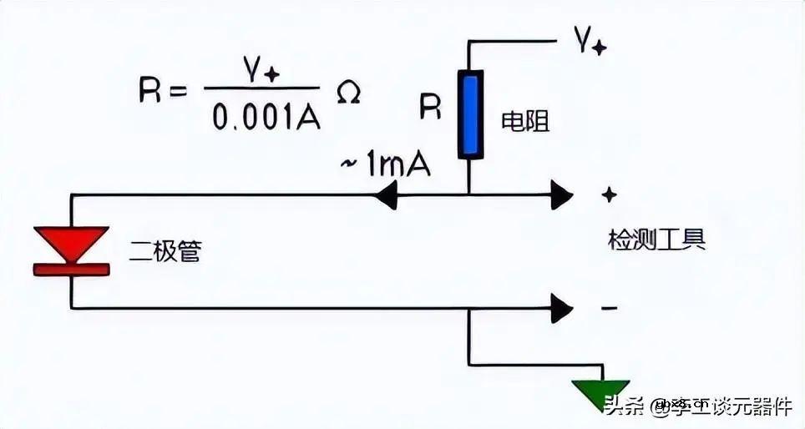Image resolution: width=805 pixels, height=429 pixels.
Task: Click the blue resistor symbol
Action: click(470, 114)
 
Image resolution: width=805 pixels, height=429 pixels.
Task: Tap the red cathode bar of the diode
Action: click(71, 268)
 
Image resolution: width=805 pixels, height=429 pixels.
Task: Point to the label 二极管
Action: click(165, 250)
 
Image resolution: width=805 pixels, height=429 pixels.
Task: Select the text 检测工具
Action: click(656, 240)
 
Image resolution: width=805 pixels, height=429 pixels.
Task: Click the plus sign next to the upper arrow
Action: click(610, 194)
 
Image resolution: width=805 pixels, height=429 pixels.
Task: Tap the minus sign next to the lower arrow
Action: click(610, 308)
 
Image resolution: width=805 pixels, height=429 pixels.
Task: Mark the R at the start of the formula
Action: click(150, 90)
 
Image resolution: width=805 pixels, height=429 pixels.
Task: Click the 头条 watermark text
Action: click(623, 407)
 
